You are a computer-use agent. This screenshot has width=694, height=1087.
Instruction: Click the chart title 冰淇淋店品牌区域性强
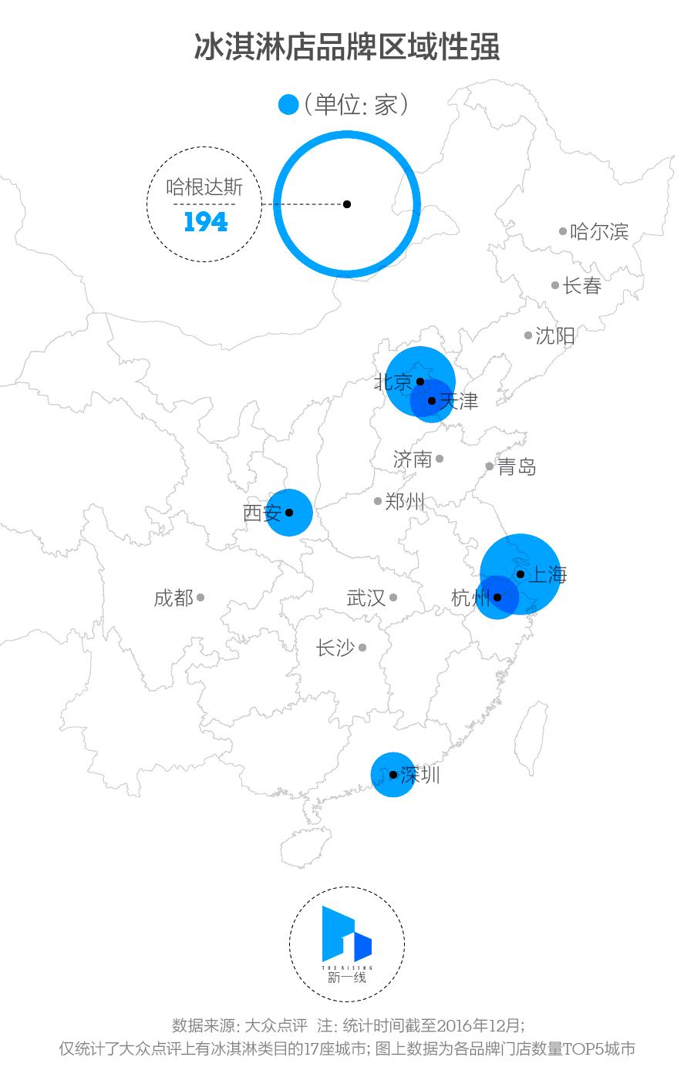coord(346,46)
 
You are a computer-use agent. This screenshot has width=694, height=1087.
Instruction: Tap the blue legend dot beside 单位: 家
coord(288,105)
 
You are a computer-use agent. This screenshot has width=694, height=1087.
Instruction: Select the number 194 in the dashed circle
coord(206,222)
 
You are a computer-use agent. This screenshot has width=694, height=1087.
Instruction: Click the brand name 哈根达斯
coord(204,187)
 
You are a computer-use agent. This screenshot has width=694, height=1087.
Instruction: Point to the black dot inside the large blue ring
coord(347,204)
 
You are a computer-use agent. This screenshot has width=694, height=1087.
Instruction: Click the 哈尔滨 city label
coord(599,231)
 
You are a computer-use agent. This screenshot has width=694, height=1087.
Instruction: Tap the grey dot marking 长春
coord(555,285)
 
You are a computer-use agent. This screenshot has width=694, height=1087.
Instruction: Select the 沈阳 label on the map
coord(555,335)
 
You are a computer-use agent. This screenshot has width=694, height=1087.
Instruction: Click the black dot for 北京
coord(420,381)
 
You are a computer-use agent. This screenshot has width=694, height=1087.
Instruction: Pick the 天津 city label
coord(459,401)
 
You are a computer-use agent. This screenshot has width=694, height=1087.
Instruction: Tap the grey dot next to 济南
coord(440,459)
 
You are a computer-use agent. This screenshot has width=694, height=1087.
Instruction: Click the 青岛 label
coord(517,466)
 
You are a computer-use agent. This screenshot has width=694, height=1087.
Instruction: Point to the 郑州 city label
coord(405,501)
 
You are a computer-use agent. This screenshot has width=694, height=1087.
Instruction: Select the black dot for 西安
coord(289,512)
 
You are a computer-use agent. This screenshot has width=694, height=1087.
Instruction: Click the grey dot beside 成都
coord(200,597)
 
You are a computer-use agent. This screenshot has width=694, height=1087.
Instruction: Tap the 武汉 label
coord(366,597)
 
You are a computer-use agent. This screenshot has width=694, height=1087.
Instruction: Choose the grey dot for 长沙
coord(362,648)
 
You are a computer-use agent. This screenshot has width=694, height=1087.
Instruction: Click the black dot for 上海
coord(520,574)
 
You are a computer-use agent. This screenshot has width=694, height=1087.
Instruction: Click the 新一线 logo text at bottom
coord(346,978)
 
